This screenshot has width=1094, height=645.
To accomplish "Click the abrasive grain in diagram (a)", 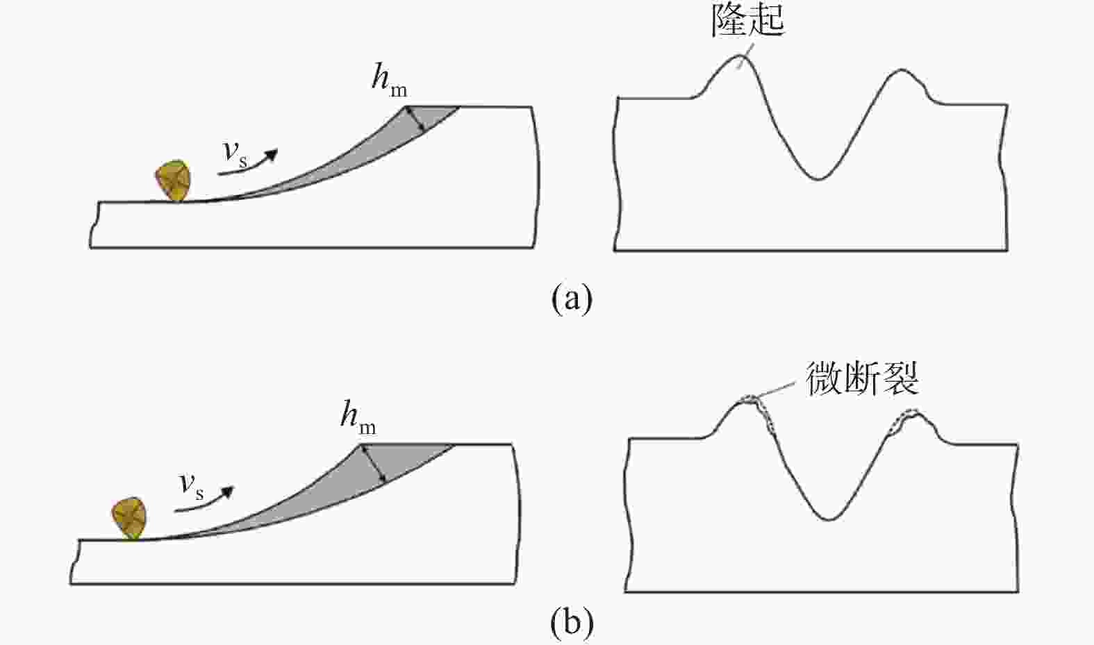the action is point(173,181).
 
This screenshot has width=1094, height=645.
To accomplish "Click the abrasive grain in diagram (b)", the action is point(129,518).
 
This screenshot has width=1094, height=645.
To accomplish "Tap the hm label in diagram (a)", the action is point(389,80).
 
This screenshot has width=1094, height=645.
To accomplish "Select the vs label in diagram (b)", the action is point(192,487).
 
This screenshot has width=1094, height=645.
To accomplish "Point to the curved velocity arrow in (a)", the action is point(249,166).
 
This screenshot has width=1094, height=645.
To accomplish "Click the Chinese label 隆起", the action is point(747,21).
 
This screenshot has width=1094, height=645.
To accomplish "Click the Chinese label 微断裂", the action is point(863,378).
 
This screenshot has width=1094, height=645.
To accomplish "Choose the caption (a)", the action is point(572,299).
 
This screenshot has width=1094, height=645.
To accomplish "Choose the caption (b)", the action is point(572,623).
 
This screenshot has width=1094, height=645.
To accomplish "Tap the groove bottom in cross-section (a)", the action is point(819,179).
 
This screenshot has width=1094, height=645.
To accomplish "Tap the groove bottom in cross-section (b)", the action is point(829,519).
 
